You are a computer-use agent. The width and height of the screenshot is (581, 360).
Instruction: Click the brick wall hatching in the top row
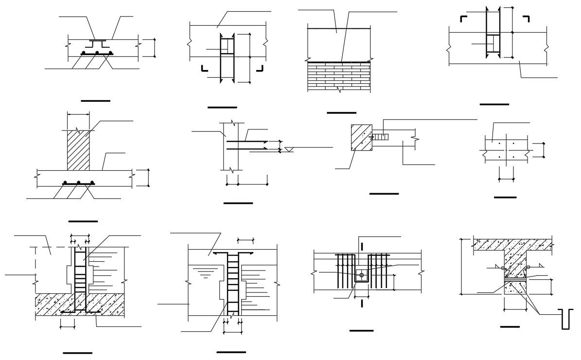(339, 76)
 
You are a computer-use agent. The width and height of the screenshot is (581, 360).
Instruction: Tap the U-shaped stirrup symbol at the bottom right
(567, 319)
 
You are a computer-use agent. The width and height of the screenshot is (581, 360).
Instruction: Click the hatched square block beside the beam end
(362, 138)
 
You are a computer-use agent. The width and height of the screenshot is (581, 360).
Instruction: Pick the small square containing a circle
(361, 275)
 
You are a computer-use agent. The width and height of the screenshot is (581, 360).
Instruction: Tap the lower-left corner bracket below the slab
(205, 68)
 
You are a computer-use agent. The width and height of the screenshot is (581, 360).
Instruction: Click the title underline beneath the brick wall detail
(341, 113)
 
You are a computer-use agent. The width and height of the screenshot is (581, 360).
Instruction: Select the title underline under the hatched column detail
(83, 221)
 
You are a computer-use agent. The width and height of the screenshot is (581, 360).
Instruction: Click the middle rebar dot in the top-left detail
(97, 52)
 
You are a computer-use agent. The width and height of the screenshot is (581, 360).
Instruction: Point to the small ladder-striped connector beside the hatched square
(381, 137)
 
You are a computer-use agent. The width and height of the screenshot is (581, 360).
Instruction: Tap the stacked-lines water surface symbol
(206, 275)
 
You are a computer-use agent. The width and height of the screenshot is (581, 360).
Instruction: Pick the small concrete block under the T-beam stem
(514, 288)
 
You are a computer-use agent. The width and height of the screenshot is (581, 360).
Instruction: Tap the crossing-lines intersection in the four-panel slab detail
(506, 150)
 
